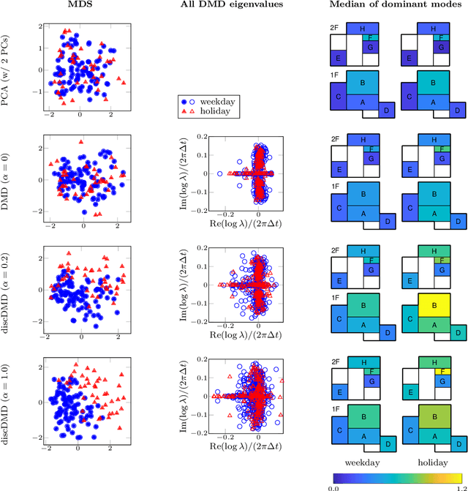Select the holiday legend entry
click(x=210, y=111)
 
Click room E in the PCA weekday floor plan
click(x=339, y=57)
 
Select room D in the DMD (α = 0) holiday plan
click(x=457, y=221)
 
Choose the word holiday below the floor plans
click(x=435, y=462)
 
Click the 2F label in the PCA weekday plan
click(x=335, y=27)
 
